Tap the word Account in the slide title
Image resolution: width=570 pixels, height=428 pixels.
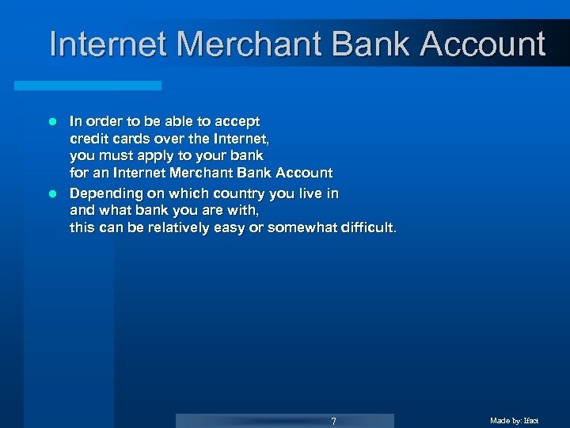tap(483, 44)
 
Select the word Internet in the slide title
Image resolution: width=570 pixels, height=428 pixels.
tap(109, 44)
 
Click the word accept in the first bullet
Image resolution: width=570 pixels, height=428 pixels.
tap(237, 122)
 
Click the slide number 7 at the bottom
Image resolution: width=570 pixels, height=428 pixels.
tap(333, 421)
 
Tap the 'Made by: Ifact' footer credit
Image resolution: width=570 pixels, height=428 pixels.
tap(514, 421)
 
